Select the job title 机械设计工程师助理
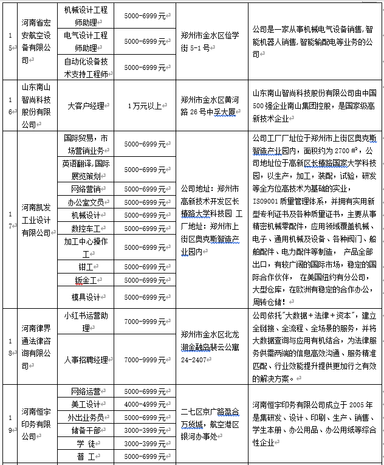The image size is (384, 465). pos(85,16)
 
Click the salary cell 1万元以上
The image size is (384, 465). pos(145,105)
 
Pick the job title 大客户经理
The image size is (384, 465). pos(86,105)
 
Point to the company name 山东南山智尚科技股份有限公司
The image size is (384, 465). pos(38,105)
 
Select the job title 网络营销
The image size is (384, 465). pos(85,189)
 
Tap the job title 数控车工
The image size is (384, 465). pos(85,229)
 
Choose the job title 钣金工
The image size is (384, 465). pos(85,280)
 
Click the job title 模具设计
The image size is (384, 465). pos(85,297)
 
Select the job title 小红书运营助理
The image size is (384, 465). pos(85,322)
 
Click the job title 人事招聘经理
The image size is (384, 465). pos(85,359)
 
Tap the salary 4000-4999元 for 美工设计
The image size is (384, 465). pos(145,404)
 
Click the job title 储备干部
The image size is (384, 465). pos(85,430)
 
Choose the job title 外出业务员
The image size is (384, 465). pos(85,418)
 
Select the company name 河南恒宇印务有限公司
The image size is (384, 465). pos(38,424)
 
